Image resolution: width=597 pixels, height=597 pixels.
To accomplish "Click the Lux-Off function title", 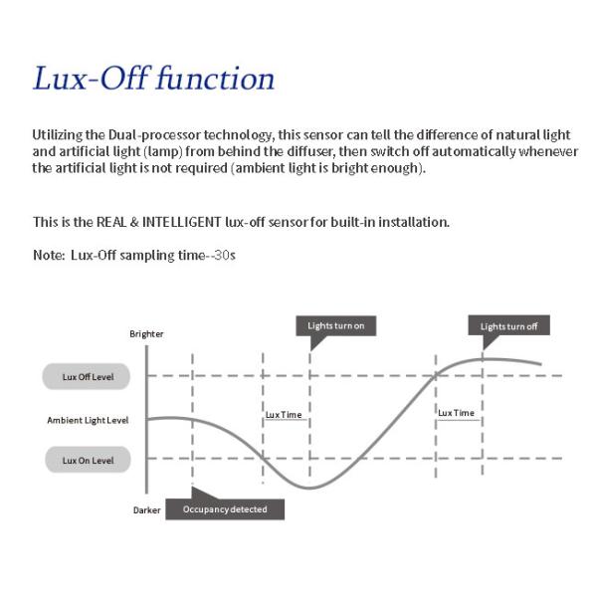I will [153, 79].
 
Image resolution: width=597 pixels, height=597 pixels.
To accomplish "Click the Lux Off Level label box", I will [88, 376].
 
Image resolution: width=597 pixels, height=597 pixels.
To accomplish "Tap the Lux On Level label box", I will [88, 461].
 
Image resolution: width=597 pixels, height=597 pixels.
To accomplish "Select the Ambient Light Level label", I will [88, 420].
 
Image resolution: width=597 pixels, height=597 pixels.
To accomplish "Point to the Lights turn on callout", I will [336, 326].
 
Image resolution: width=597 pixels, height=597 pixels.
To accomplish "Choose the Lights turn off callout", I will [508, 326].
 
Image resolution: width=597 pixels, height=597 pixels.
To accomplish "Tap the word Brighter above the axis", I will [146, 334].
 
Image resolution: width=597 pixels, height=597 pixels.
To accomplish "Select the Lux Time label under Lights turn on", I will [284, 414].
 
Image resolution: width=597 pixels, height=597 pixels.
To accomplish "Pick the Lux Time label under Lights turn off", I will [456, 412].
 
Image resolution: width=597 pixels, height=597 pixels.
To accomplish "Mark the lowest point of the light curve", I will [311, 488].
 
